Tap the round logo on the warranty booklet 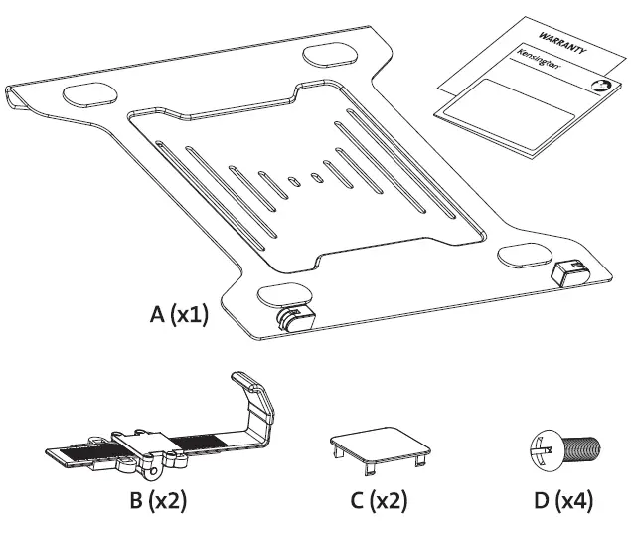click(x=600, y=88)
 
